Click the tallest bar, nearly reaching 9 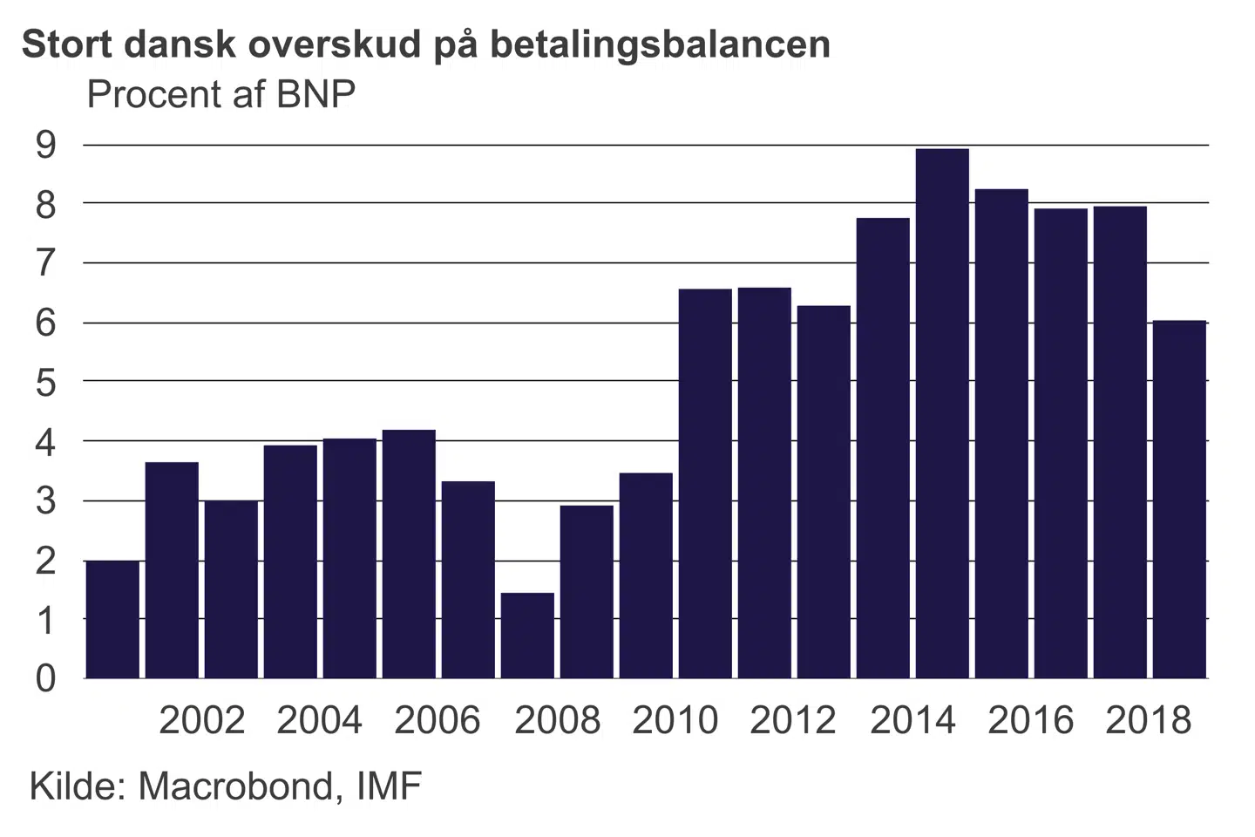tap(942, 413)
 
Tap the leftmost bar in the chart tap(112, 619)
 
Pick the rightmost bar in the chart tap(1179, 499)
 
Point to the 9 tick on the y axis tap(45, 145)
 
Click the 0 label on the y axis tap(45, 678)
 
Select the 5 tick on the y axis tap(45, 382)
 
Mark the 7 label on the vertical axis tap(45, 263)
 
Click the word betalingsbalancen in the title tap(660, 44)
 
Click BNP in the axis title tap(315, 94)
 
